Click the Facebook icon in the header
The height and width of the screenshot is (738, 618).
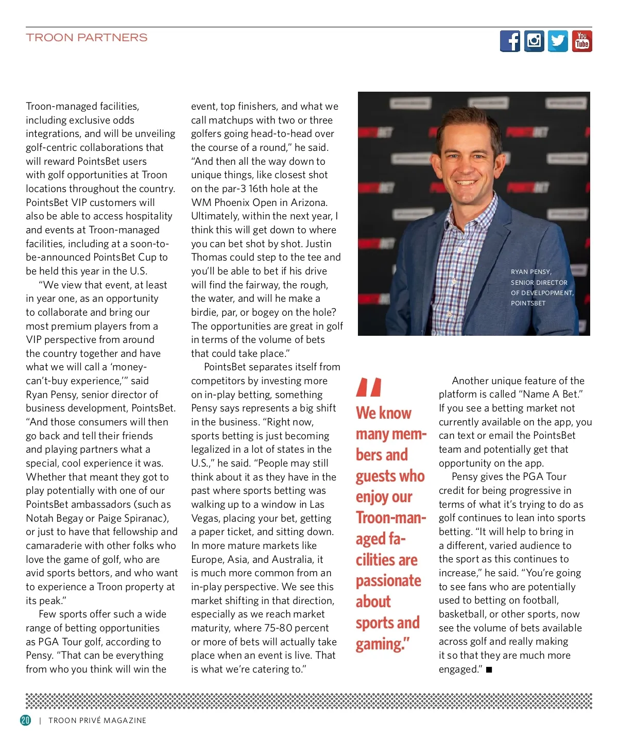click(510, 41)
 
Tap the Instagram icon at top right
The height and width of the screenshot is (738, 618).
click(534, 41)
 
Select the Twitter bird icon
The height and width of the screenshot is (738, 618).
click(558, 41)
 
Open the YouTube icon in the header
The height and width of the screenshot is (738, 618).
click(582, 41)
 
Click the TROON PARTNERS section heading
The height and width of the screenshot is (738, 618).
click(87, 38)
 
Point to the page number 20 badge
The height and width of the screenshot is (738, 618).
click(26, 720)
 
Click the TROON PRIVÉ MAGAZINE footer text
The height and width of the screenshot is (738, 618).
click(97, 720)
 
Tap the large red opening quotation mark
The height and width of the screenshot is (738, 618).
click(369, 387)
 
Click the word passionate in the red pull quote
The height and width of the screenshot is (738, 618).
click(388, 580)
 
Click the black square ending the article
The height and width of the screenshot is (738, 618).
click(489, 670)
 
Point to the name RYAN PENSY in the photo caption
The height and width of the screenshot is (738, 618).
click(530, 272)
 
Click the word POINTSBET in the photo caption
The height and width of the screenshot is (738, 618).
click(528, 303)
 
